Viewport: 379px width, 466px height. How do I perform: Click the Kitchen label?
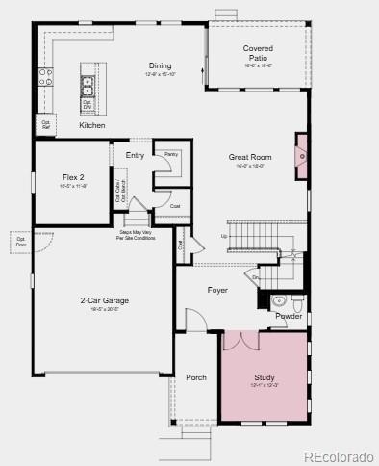point(92,125)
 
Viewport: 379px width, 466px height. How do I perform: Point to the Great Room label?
point(250,157)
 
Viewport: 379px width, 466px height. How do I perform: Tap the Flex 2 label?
point(74,177)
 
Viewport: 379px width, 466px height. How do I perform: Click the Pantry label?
point(170,153)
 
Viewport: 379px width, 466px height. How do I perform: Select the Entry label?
point(135,155)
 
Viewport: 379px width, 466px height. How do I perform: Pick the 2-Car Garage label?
point(104,300)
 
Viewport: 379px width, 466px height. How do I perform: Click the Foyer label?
point(217,289)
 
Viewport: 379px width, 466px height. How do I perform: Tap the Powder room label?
point(289,316)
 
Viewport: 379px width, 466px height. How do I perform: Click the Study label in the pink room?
point(265,377)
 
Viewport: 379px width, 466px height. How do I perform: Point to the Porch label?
point(195,377)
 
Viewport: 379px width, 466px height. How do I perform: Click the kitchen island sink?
point(88,82)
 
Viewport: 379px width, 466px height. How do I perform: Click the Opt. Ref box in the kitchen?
point(45,124)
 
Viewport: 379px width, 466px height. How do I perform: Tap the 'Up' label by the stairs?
point(224,236)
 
